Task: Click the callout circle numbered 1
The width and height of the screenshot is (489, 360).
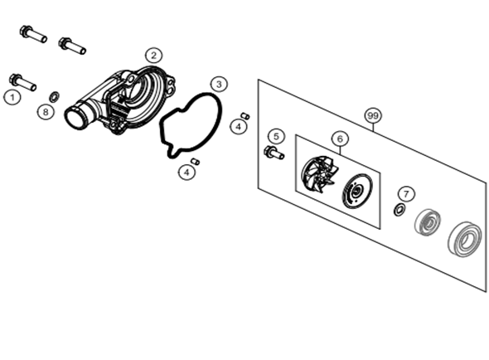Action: click(x=12, y=97)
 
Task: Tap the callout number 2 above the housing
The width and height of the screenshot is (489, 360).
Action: click(x=154, y=56)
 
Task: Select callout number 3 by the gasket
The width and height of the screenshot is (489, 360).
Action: click(x=219, y=85)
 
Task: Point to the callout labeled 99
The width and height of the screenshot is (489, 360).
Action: click(x=373, y=116)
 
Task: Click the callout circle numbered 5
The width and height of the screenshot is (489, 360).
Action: click(x=276, y=136)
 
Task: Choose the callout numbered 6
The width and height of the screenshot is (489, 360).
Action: click(x=340, y=139)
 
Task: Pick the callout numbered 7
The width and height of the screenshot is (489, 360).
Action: click(x=406, y=194)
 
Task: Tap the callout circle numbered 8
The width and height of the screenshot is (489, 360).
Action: click(x=46, y=111)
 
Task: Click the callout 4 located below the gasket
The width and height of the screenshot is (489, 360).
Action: click(x=186, y=172)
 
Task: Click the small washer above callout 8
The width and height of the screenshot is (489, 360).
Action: click(x=55, y=96)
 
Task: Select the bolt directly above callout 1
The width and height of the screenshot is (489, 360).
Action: click(x=22, y=82)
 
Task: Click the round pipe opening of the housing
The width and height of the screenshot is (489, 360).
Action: click(x=75, y=118)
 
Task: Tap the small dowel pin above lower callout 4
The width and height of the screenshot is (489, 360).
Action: click(x=196, y=162)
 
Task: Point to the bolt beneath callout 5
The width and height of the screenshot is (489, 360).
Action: click(x=274, y=153)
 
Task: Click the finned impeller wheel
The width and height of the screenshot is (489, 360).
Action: click(x=319, y=173)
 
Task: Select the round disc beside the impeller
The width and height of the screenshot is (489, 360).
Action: click(x=357, y=192)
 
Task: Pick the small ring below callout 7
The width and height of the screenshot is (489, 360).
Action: click(x=399, y=210)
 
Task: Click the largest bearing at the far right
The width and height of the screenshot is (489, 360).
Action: click(x=465, y=240)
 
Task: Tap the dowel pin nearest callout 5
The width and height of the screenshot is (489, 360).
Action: click(x=245, y=115)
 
